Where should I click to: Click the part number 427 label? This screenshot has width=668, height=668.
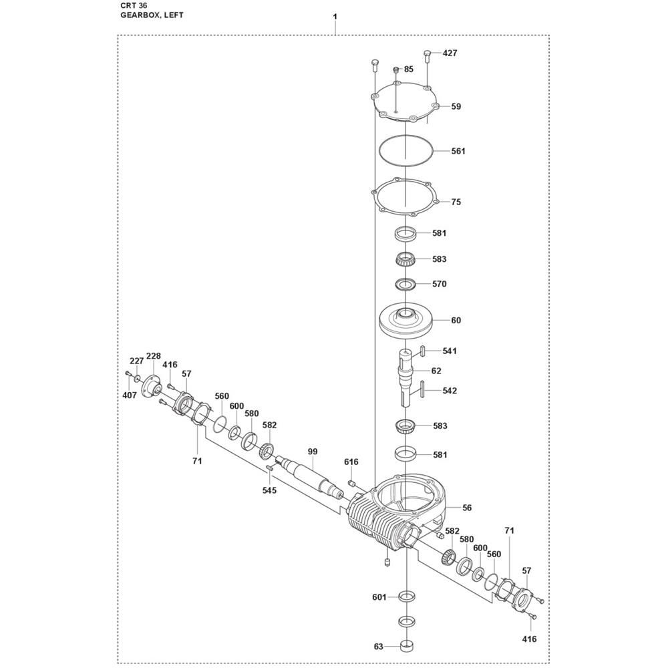[x=450, y=53]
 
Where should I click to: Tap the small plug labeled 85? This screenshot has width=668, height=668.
[x=395, y=69]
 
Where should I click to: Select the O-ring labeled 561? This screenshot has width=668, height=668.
[x=406, y=150]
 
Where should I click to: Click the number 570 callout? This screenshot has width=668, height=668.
[x=439, y=284]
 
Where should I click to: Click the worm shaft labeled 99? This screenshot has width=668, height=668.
[x=311, y=477]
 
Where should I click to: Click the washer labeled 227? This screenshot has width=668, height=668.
[x=137, y=378]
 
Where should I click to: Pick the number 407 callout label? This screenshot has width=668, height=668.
[x=130, y=395]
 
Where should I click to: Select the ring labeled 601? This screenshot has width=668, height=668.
[x=406, y=597]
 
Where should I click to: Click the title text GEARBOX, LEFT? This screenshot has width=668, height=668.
[x=152, y=15]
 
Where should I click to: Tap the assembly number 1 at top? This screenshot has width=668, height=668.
[x=335, y=17]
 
